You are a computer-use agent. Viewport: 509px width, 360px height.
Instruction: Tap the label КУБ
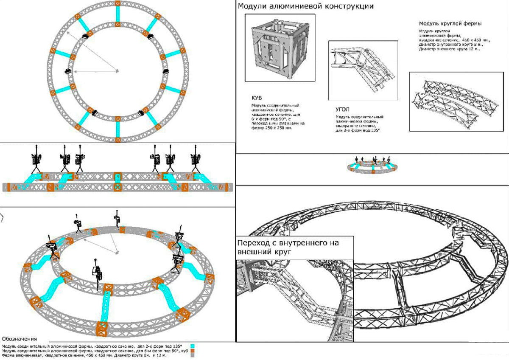click(x=257, y=97)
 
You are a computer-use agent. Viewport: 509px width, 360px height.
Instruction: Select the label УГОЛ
click(x=343, y=109)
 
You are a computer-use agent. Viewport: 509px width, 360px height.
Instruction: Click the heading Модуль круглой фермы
click(x=450, y=23)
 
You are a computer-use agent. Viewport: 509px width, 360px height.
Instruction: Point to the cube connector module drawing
click(x=280, y=48)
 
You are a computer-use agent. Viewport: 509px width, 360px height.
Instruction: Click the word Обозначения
click(x=20, y=339)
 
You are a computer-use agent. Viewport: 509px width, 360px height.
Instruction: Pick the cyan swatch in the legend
click(x=192, y=346)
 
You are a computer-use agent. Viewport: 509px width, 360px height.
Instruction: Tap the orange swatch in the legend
click(x=192, y=351)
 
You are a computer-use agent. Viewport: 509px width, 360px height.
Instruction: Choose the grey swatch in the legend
click(x=192, y=356)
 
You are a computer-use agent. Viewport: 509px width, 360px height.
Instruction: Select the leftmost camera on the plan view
click(x=68, y=71)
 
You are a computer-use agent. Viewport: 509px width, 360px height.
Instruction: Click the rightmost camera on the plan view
click(x=165, y=71)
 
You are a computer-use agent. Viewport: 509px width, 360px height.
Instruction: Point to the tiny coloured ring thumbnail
click(x=372, y=166)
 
